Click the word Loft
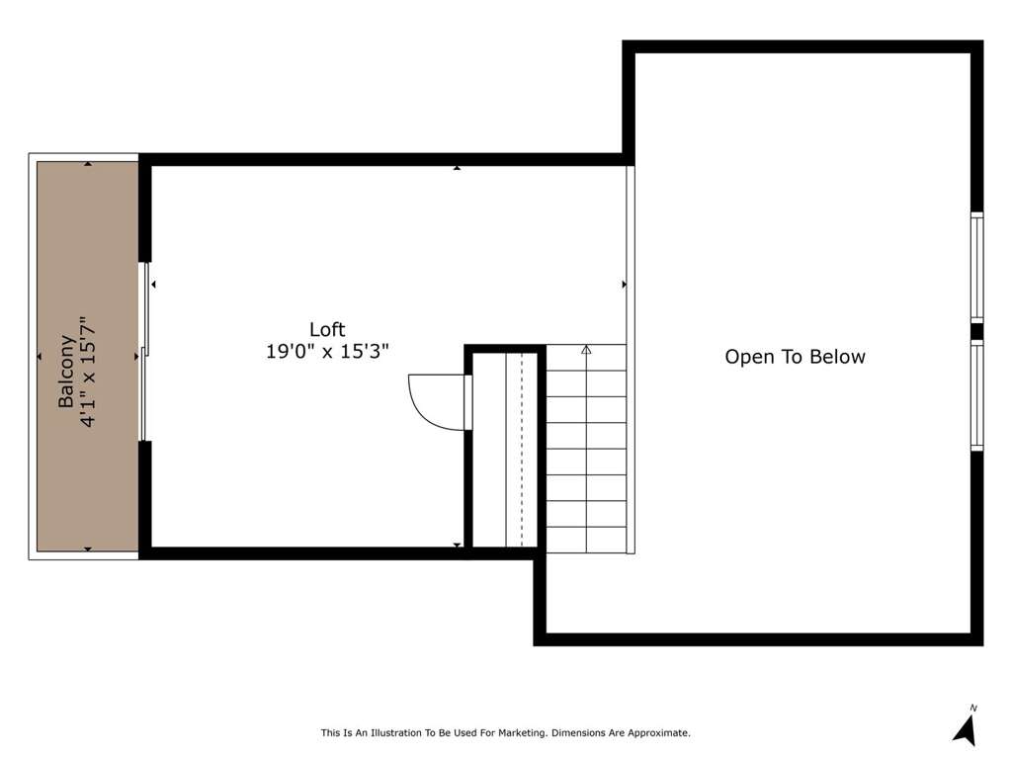coord(327,329)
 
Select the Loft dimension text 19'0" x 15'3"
coord(327,352)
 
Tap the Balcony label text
coord(66,372)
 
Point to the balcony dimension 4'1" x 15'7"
coord(87,372)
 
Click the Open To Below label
coord(795,357)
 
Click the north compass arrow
coord(966,730)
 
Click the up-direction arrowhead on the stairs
coord(586,350)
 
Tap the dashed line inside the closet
coord(522,450)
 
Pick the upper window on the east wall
coord(976,267)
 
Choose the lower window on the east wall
coord(976,395)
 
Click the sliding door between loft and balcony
coord(144,352)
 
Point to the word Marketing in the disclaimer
coord(521,733)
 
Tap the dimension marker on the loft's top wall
coord(457,168)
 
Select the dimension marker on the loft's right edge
coord(625,284)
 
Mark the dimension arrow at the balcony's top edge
coord(88,164)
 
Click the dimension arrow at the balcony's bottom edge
coord(88,549)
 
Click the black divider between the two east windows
coord(976,331)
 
